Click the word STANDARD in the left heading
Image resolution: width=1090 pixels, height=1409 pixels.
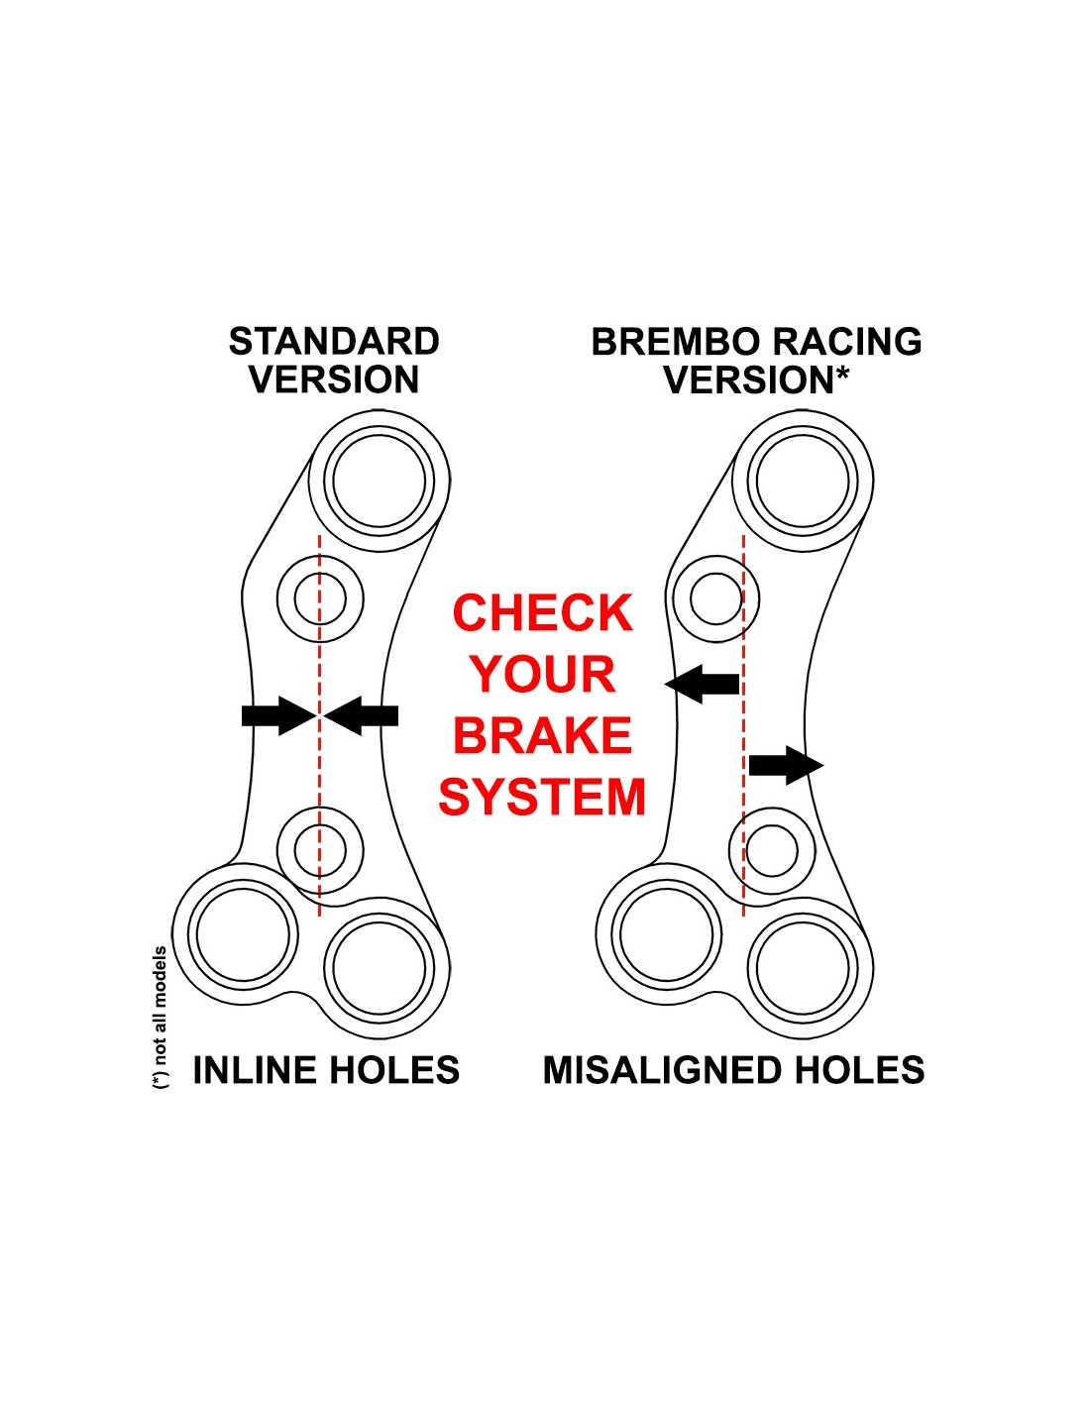pyautogui.click(x=334, y=342)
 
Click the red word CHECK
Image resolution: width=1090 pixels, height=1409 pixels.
pyautogui.click(x=542, y=613)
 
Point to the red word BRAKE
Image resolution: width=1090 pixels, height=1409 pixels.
pyautogui.click(x=542, y=736)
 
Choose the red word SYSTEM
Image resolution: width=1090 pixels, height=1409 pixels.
pyautogui.click(x=542, y=798)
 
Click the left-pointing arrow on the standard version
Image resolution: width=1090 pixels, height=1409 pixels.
pyautogui.click(x=363, y=715)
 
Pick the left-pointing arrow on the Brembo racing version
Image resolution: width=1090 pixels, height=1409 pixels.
pyautogui.click(x=703, y=683)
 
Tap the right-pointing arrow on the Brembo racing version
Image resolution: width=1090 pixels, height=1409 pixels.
pyautogui.click(x=786, y=765)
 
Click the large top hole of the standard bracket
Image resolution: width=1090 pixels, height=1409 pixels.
pyautogui.click(x=380, y=482)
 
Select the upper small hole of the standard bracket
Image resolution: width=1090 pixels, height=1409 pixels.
pyautogui.click(x=320, y=599)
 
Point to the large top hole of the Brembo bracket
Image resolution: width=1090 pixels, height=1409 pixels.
pyautogui.click(x=804, y=482)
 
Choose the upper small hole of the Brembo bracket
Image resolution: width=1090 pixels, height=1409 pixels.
pyautogui.click(x=715, y=599)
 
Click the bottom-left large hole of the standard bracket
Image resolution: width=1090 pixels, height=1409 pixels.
pyautogui.click(x=243, y=934)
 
